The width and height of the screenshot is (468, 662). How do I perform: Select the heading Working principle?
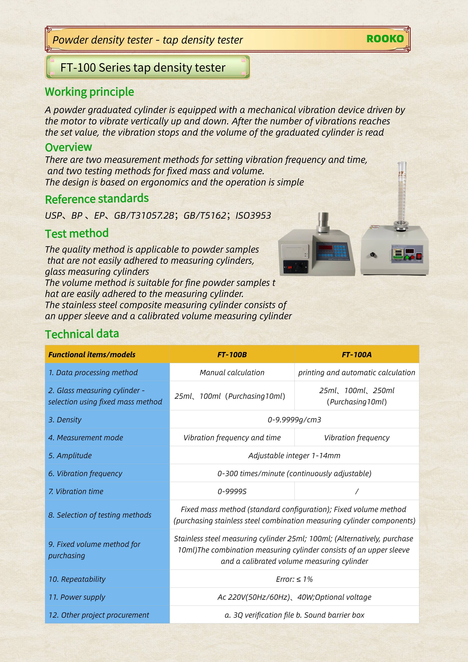(89, 92)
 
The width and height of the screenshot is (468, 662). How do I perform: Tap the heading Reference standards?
(97, 199)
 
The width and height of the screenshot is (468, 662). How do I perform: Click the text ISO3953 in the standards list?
(253, 216)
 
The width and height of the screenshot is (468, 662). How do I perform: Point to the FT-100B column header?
(232, 354)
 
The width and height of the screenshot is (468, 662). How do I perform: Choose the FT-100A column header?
(356, 354)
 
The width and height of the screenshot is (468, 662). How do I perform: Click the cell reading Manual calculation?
(232, 373)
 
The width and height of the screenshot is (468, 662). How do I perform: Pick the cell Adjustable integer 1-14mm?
(294, 456)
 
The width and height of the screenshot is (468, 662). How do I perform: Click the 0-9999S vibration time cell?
(232, 491)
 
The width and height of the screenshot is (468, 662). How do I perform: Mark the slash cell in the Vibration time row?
(357, 491)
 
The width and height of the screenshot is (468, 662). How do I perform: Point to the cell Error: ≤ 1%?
(294, 579)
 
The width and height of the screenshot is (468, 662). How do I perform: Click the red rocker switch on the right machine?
(419, 256)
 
